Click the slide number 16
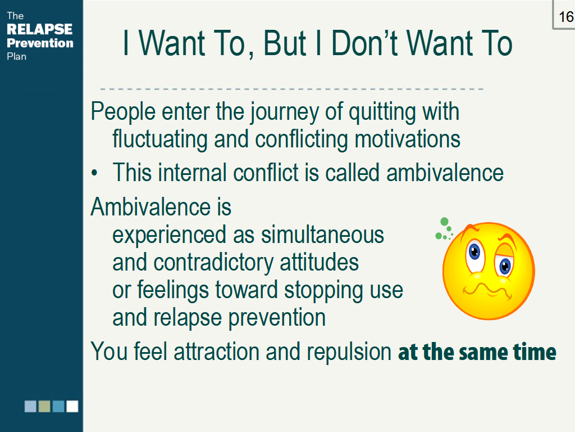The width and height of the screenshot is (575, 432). (x=565, y=17)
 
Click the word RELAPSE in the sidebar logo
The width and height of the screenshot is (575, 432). (x=39, y=29)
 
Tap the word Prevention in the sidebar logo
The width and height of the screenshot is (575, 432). (x=40, y=43)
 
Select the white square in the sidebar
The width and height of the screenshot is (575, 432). (x=72, y=406)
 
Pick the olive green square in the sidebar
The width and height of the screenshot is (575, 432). (x=44, y=406)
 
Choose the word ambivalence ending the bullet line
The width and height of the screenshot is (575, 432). (x=445, y=173)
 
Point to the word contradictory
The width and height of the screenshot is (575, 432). (x=213, y=262)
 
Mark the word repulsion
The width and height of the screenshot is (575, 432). (x=349, y=352)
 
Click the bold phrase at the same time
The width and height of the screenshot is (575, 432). (x=477, y=352)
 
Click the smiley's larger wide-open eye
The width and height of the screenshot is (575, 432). (x=474, y=252)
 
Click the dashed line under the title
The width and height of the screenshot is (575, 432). (x=292, y=89)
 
